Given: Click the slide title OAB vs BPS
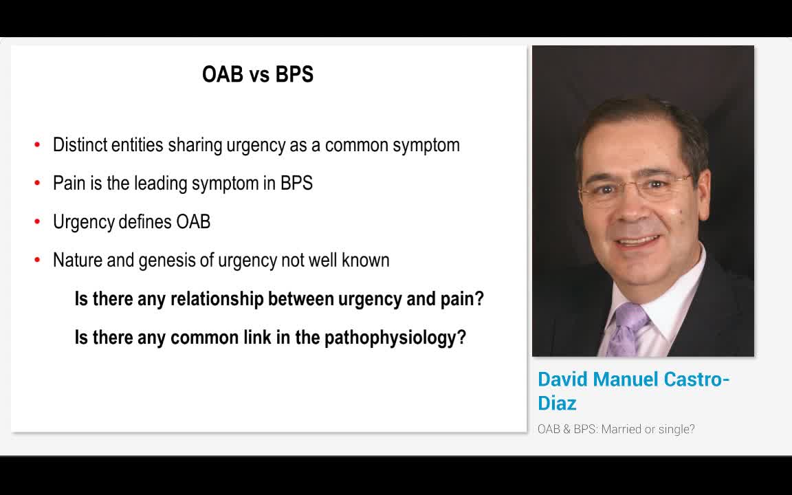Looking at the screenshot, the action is [x=258, y=74].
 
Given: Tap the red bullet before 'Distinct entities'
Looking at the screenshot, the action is [x=37, y=145].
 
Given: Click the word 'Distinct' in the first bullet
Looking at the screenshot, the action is [x=80, y=145].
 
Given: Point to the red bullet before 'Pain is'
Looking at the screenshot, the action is [x=37, y=183].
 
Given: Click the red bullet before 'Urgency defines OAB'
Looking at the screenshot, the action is [x=37, y=221].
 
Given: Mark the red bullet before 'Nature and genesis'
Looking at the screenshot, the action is [x=37, y=260].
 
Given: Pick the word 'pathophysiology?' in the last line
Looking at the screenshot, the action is [x=395, y=338].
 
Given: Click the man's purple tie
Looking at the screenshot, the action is [x=627, y=329].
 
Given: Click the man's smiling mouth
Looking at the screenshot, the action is [x=637, y=241].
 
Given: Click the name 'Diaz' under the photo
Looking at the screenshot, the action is [x=557, y=403].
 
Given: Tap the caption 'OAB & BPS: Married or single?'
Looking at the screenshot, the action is [x=616, y=429].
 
